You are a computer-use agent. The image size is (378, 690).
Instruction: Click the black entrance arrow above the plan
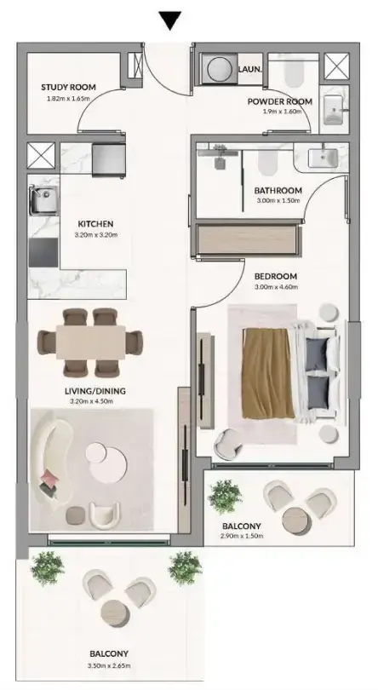[x=170, y=20]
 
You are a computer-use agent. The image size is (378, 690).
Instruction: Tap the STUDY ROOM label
[x=68, y=87]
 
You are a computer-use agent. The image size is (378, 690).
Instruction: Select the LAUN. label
[x=250, y=69]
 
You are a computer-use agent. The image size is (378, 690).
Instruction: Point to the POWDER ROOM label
[x=280, y=101]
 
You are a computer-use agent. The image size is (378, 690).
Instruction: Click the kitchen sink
[x=43, y=200]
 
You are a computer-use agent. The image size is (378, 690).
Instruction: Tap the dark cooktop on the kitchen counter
[x=43, y=253]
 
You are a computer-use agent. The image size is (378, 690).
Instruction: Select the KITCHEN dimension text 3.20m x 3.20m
[x=96, y=234]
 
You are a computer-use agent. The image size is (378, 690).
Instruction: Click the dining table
[x=90, y=343]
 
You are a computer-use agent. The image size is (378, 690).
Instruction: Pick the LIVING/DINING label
[x=95, y=391]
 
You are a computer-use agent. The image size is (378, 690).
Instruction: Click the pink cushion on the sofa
[x=49, y=476]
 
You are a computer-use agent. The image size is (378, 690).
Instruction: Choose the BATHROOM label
[x=278, y=191]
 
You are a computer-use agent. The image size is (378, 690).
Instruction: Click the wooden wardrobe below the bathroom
[x=246, y=239]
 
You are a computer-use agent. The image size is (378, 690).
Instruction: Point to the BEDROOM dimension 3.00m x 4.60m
[x=277, y=287]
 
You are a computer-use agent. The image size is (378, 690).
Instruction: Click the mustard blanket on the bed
[x=268, y=372]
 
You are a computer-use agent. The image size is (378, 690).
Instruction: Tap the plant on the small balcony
[x=225, y=497]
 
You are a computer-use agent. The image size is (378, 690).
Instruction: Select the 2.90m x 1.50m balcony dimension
[x=242, y=536]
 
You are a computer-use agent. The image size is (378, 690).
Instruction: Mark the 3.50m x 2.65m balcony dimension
[x=109, y=666]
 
